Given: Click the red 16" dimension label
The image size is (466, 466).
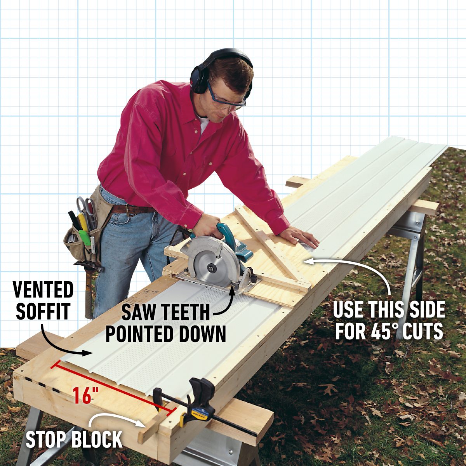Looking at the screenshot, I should point(85,396).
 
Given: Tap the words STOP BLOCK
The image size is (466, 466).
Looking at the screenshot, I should point(74,439).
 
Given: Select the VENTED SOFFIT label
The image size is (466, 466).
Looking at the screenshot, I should point(43,301).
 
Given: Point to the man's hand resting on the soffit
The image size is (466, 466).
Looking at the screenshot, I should point(301,236).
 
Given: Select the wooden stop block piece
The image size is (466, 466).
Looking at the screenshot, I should point(153,425).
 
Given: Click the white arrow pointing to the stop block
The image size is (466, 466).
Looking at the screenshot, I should point(113,419).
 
